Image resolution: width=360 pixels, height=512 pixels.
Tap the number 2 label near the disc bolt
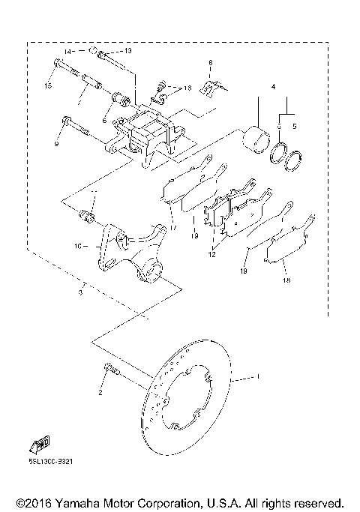[98, 391]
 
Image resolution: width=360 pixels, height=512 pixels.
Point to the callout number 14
[67, 52]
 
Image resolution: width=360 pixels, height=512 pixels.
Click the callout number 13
[127, 50]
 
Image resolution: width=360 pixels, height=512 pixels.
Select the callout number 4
[274, 88]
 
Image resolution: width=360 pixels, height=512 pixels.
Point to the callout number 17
[172, 227]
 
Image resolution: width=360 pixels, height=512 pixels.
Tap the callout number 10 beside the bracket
[78, 244]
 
